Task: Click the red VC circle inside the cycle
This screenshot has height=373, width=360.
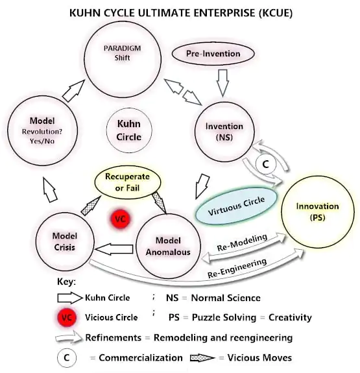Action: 119,219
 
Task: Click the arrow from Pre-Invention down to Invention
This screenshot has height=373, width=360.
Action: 222,82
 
